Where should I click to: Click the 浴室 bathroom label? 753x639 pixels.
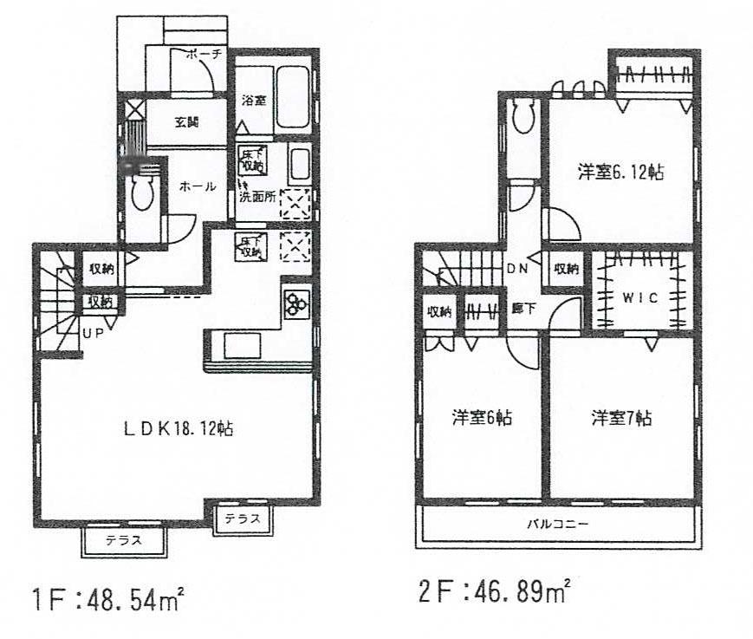click(252, 101)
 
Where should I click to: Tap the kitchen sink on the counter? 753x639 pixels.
click(243, 346)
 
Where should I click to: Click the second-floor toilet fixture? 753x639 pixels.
click(523, 116)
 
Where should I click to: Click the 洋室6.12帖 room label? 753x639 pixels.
click(620, 173)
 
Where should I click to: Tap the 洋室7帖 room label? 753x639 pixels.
click(621, 419)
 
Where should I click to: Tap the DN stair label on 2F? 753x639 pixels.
click(517, 269)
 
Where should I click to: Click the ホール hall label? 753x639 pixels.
click(198, 186)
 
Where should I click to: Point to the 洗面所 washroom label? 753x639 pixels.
click(257, 197)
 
